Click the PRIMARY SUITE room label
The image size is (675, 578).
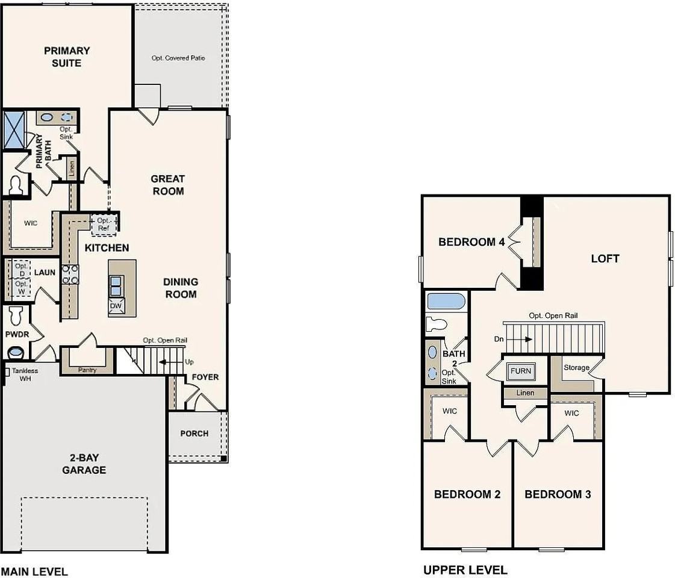point(67,57)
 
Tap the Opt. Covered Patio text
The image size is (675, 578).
point(178,58)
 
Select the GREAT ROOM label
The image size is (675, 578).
point(168,185)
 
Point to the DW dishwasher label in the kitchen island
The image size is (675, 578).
point(116,306)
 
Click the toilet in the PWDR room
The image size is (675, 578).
point(16,315)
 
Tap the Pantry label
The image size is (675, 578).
point(87,370)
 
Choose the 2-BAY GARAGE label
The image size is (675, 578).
point(84,464)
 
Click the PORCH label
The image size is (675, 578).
point(194,433)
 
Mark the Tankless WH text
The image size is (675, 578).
point(25,374)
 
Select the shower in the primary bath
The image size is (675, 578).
point(14,130)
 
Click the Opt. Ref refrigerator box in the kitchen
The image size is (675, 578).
point(104,225)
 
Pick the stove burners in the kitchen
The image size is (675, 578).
point(70,275)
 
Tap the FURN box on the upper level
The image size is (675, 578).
point(521,371)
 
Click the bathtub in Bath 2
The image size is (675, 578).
point(446,301)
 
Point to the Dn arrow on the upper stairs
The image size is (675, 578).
point(518,339)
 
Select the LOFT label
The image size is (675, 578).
point(605,259)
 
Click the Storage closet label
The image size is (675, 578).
point(576,367)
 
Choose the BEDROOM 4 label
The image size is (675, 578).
point(471,242)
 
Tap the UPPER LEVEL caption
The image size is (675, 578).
point(465,570)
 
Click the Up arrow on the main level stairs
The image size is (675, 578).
point(170,362)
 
